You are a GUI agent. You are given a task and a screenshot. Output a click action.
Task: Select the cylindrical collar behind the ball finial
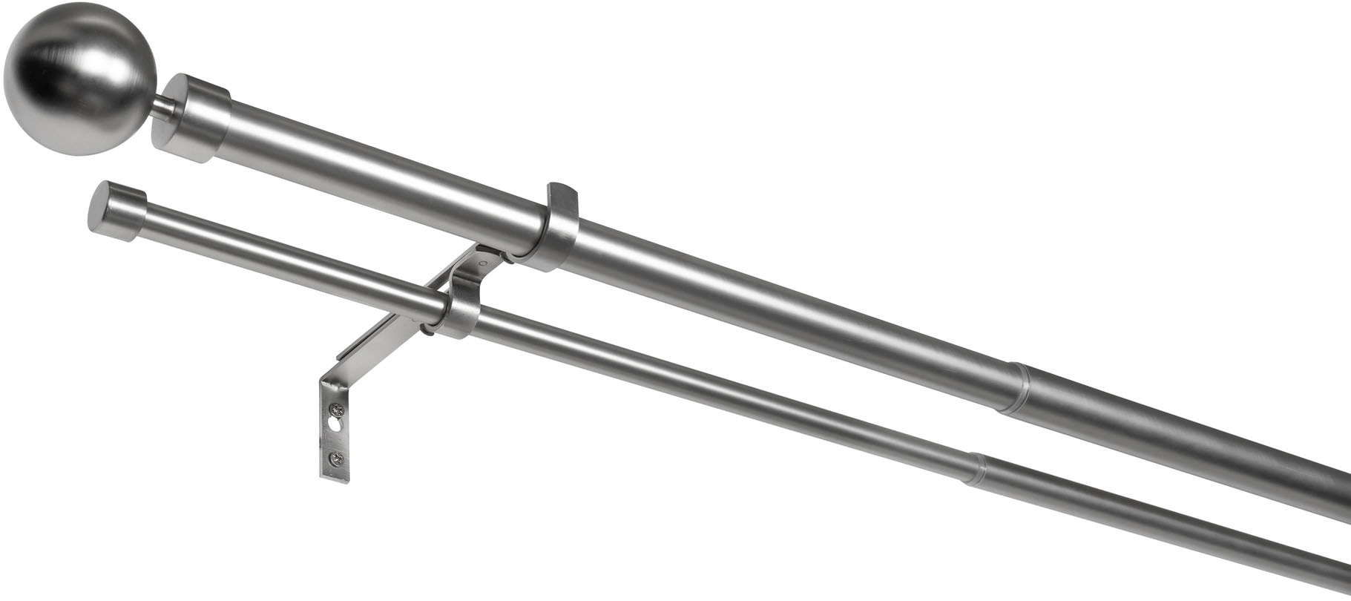coord(193,118)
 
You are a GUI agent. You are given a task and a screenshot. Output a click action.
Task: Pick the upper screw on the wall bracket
coord(338,409)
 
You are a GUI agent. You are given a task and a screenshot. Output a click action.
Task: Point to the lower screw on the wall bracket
coord(338,459)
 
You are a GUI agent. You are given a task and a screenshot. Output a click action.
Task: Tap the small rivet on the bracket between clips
coord(483,262)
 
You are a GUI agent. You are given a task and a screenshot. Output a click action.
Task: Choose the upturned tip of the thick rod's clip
coord(564,191)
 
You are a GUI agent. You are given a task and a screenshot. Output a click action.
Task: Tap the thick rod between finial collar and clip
coord(386,166)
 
